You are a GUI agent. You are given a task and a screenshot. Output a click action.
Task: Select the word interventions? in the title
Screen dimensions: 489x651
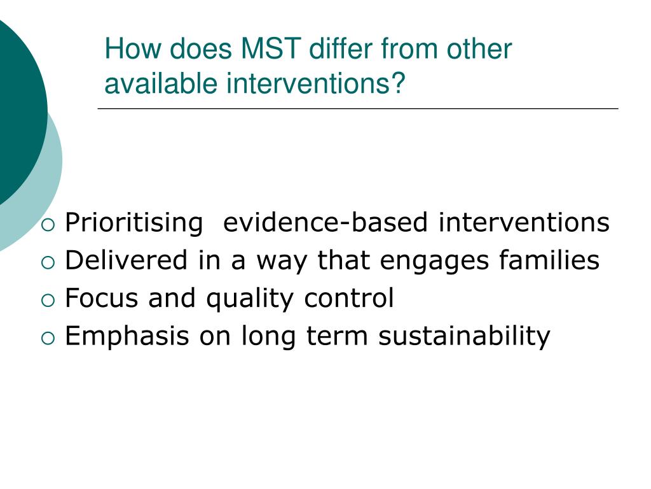click(x=316, y=84)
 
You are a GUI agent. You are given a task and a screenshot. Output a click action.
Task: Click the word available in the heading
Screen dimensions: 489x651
click(x=161, y=84)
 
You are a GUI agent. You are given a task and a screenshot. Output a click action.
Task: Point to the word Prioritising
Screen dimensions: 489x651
click(x=133, y=223)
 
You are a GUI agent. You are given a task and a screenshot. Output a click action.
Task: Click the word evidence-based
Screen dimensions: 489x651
click(x=326, y=223)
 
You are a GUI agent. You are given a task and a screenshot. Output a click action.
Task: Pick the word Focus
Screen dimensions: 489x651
click(x=102, y=298)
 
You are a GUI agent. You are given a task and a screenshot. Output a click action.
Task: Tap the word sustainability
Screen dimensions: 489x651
click(x=464, y=336)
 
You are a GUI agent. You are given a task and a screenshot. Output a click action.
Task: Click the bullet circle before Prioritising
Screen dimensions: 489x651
click(x=50, y=224)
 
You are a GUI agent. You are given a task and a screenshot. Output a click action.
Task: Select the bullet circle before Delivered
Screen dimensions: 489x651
click(x=50, y=262)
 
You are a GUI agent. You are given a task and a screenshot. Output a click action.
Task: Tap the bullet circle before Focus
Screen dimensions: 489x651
click(x=50, y=299)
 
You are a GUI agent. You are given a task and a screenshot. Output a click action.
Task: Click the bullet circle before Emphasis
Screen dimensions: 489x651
click(x=50, y=337)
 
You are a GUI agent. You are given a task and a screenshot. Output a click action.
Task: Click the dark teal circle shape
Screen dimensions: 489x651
click(x=16, y=108)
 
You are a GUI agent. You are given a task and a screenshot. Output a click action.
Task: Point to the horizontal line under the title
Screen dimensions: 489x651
click(x=357, y=109)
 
